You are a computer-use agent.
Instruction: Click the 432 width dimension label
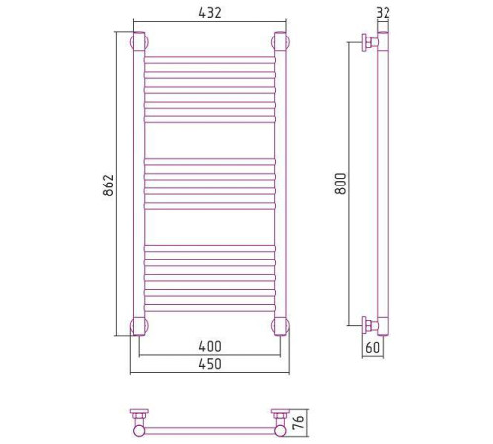pyautogui.click(x=210, y=13)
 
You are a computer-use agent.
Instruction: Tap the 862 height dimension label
pyautogui.click(x=108, y=185)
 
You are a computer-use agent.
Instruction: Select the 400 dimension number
pyautogui.click(x=210, y=346)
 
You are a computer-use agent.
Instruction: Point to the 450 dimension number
pyautogui.click(x=210, y=364)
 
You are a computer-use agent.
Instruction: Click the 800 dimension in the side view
pyautogui.click(x=341, y=184)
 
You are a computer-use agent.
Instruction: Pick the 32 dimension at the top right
pyautogui.click(x=383, y=13)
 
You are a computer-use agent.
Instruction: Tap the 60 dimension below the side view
pyautogui.click(x=373, y=347)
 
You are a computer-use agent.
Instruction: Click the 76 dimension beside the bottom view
pyautogui.click(x=298, y=422)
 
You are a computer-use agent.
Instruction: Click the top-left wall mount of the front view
pyautogui.click(x=139, y=42)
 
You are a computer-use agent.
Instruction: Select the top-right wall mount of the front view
pyautogui.click(x=280, y=42)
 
